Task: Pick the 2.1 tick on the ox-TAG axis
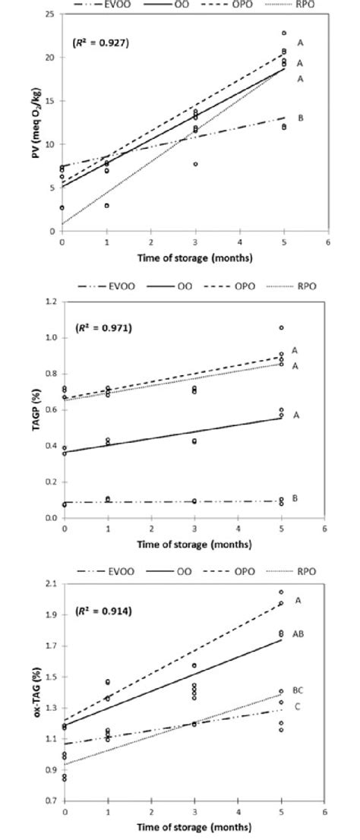(51, 583)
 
